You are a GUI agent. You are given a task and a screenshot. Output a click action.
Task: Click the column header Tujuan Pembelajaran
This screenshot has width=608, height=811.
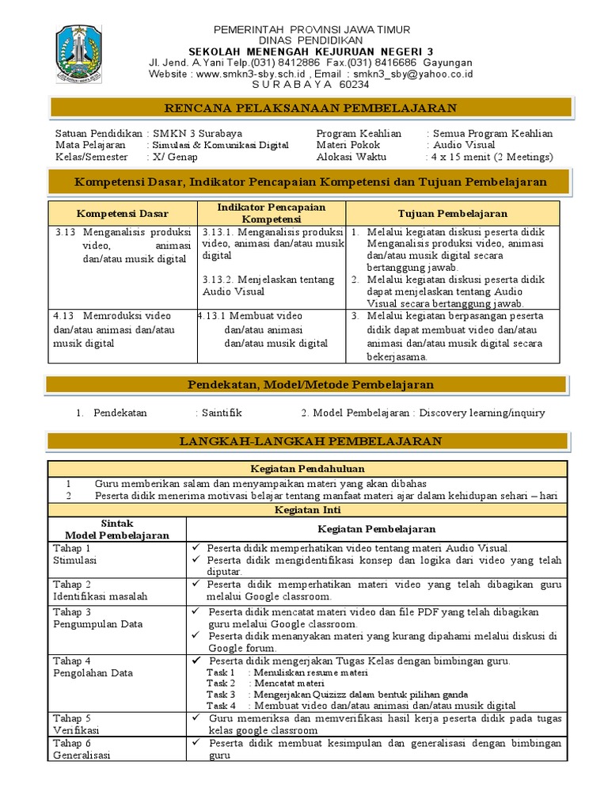click(x=452, y=214)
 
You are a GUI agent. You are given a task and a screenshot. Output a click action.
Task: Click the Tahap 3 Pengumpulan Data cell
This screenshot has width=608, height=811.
click(x=86, y=618)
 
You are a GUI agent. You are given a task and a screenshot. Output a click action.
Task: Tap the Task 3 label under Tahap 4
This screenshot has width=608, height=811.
click(x=221, y=694)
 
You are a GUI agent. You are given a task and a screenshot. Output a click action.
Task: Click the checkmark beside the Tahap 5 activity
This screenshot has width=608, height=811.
click(x=195, y=718)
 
